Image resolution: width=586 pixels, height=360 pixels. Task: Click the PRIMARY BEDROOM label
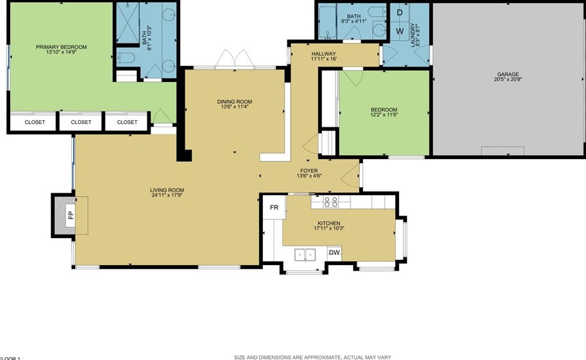click(x=61, y=47)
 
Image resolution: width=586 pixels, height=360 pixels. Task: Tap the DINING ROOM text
click(x=234, y=101)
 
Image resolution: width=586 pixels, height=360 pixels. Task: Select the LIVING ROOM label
click(x=167, y=190)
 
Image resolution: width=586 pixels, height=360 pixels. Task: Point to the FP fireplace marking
click(x=70, y=214)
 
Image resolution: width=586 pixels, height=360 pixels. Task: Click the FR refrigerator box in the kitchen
click(x=274, y=207)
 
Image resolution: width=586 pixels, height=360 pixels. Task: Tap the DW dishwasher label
click(x=334, y=253)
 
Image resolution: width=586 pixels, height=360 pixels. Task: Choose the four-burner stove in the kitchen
click(x=331, y=202)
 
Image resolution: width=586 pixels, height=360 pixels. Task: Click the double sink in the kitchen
click(x=305, y=255)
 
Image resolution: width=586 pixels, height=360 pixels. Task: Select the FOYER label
click(x=309, y=171)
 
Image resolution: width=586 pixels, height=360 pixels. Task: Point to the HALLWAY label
click(x=323, y=54)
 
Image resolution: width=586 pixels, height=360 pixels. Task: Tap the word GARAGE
click(x=507, y=74)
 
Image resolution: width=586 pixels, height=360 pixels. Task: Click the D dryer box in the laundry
click(x=399, y=12)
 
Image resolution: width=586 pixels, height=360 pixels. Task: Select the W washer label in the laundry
click(x=399, y=30)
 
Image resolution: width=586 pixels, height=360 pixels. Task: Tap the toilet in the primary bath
click(x=126, y=57)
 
